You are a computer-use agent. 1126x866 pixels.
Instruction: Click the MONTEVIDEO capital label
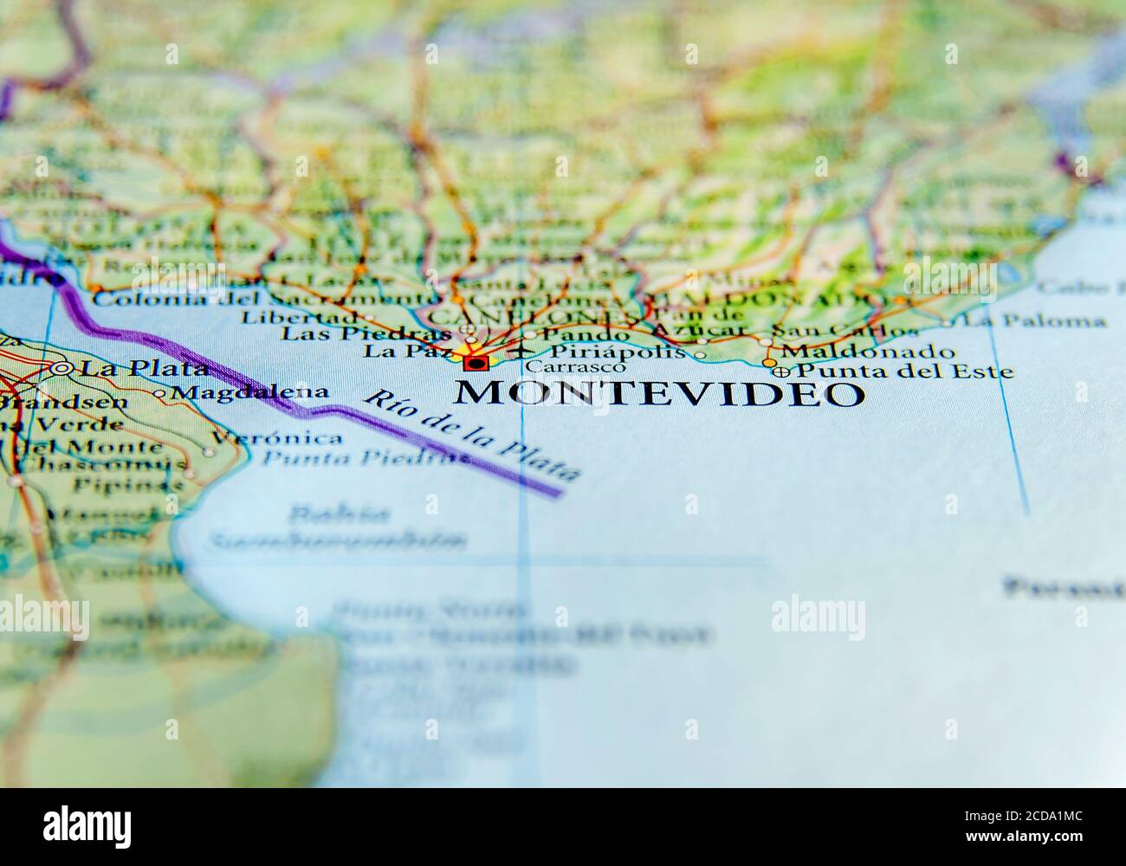659,392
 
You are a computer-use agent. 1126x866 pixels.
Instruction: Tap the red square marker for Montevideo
474,363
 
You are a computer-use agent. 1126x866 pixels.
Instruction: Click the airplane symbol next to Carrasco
520,352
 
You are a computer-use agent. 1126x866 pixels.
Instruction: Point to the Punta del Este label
904,372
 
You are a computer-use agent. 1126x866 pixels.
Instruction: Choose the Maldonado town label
867,352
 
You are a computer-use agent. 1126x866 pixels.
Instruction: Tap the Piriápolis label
617,352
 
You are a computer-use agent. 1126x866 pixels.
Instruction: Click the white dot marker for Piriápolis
700,354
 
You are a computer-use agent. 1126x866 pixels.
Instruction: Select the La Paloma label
1034,321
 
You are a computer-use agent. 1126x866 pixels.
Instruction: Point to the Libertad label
299,317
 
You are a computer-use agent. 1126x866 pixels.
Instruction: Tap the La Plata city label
143,368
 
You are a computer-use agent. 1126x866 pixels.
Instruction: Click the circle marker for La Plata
61,368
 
